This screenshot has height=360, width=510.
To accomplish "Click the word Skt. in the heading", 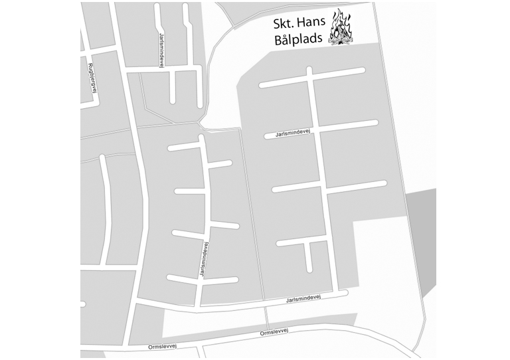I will [283, 23].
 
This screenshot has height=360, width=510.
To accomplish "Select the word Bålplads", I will [297, 39].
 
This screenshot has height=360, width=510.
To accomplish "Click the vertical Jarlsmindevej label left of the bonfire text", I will [163, 47].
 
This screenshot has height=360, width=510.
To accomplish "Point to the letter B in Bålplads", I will [277, 39].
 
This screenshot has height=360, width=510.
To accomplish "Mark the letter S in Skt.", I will [276, 23].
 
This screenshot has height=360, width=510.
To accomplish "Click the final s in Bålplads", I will [316, 40].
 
